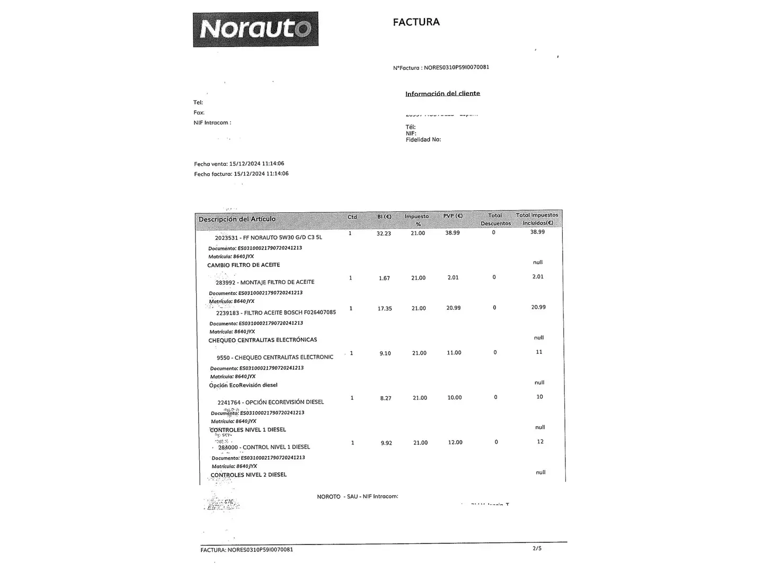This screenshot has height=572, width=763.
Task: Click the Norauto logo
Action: click(x=255, y=29)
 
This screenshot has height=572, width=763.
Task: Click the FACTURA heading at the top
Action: click(x=416, y=22)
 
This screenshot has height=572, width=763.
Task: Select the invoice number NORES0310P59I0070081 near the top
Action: click(x=456, y=68)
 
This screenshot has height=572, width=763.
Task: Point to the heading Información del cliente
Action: click(x=442, y=94)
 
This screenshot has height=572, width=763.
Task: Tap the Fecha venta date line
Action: click(x=239, y=164)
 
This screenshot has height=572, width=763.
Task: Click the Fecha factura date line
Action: click(x=241, y=174)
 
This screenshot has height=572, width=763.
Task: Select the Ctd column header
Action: click(x=352, y=217)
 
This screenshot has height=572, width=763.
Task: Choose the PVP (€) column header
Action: click(x=453, y=216)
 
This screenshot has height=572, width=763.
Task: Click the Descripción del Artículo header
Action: click(x=237, y=219)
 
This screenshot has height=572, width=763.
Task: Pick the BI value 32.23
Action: click(x=384, y=234)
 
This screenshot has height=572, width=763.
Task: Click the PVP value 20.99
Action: click(x=453, y=308)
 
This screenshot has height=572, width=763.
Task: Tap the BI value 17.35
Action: click(x=385, y=308)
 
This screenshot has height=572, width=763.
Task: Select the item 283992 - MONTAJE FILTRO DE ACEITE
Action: click(x=265, y=282)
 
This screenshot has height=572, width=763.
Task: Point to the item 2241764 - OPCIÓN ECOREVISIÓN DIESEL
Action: click(x=270, y=402)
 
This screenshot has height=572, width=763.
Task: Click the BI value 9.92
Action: click(x=386, y=443)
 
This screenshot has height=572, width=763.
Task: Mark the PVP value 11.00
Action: click(x=454, y=353)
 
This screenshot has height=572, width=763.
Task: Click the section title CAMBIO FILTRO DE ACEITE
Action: click(x=243, y=265)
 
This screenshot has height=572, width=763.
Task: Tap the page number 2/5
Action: click(x=537, y=548)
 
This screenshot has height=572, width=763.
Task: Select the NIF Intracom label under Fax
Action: click(x=212, y=123)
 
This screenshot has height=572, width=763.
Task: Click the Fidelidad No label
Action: click(x=423, y=140)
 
